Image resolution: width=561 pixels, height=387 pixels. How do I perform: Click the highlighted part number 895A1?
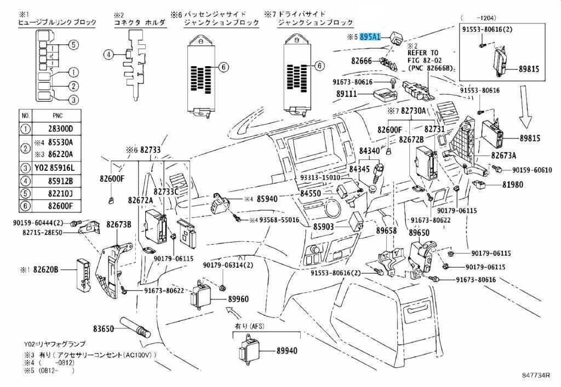[370, 37]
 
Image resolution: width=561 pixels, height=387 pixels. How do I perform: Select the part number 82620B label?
[46, 269]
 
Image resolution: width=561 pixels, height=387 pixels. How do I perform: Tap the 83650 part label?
[103, 329]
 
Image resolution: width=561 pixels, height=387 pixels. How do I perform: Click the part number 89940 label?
[287, 350]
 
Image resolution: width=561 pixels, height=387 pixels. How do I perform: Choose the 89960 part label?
[238, 299]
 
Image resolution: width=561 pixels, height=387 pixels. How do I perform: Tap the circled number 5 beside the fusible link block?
[73, 44]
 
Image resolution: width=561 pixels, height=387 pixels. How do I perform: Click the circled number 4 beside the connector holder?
[108, 54]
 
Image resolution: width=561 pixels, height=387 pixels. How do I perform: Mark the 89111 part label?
[347, 94]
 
